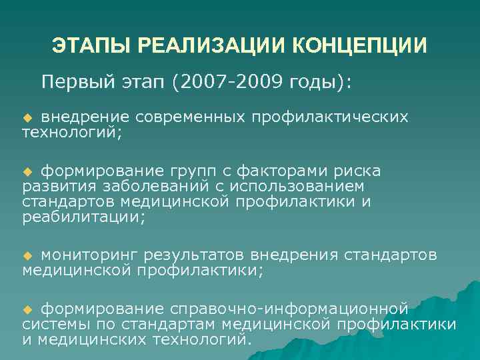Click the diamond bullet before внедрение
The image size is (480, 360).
[27, 117]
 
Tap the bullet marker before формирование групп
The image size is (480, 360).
[27, 172]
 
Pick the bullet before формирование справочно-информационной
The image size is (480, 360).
[27, 309]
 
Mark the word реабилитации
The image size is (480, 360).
[82, 217]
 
